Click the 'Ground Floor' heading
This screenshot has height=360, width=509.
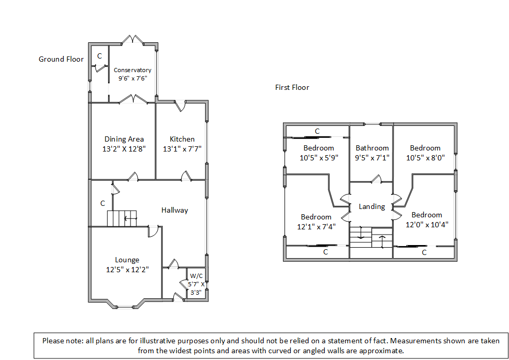point(61,59)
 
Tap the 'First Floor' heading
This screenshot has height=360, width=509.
point(292,87)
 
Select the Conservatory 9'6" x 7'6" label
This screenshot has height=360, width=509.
point(133,74)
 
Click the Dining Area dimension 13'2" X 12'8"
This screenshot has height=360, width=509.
point(124,148)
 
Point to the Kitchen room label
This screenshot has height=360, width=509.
point(182,139)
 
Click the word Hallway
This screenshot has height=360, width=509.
point(174,210)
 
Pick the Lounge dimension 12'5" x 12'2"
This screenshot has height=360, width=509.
point(127,270)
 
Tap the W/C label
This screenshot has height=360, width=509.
point(196,276)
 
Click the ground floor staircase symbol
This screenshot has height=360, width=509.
point(122,218)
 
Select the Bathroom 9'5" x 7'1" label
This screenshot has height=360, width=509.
point(372,153)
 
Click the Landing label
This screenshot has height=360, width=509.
point(372,206)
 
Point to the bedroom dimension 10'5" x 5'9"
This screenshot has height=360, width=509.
point(318,157)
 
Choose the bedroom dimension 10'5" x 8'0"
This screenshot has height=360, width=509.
point(425,157)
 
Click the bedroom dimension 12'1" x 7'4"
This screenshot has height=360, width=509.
point(316,227)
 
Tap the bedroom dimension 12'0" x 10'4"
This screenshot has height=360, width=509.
point(427,225)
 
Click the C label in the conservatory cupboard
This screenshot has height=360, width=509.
point(99,55)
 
